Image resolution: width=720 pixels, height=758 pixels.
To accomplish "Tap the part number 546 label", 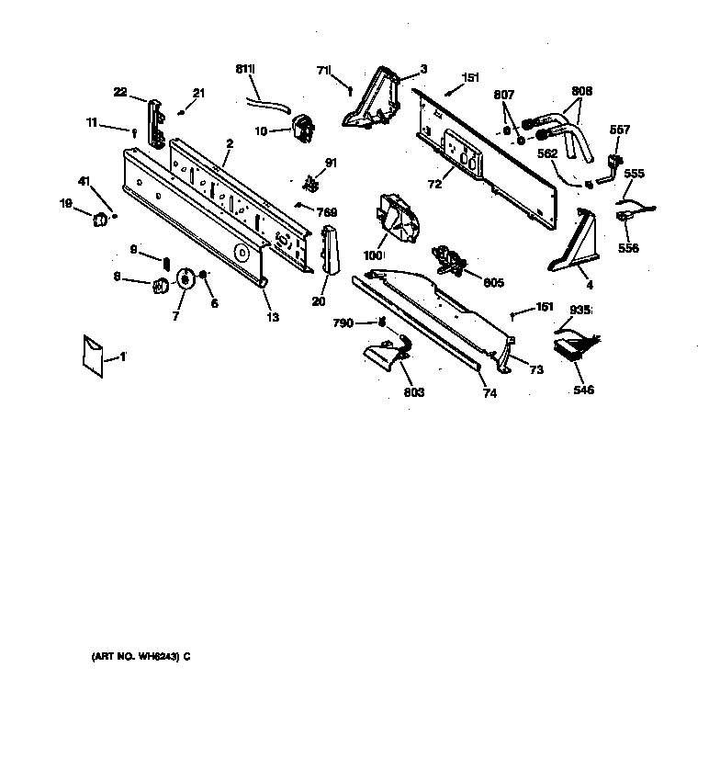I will [x=583, y=390].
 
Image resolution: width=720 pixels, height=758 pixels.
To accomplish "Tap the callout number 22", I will [x=120, y=92].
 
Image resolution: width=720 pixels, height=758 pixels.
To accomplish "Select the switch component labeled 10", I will [x=300, y=128].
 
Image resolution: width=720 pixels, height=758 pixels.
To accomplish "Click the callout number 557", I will [x=620, y=130].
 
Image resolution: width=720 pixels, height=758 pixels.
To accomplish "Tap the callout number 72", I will [x=434, y=185].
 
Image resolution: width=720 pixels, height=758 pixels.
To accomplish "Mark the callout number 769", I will [x=326, y=212].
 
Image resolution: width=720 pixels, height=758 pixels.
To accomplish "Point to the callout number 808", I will [x=581, y=91].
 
